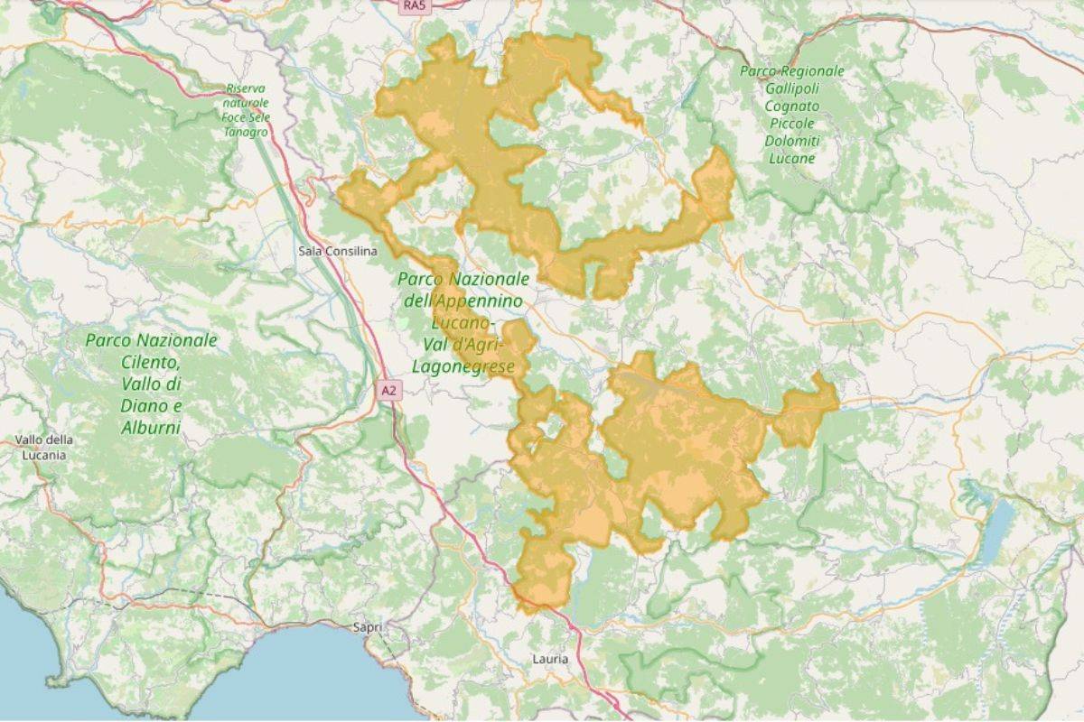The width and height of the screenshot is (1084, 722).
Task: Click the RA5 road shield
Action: [413, 5]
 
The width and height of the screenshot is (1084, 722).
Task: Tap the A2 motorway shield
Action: [388, 391]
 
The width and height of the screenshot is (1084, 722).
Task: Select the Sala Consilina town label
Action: [337, 250]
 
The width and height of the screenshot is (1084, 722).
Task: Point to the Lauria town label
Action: [550, 660]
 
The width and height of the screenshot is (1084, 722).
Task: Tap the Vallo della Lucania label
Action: [43, 447]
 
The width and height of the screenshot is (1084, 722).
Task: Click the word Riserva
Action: [247, 89]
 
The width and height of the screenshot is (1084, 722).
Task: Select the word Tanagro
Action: [246, 132]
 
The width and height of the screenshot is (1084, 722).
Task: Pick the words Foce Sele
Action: [247, 117]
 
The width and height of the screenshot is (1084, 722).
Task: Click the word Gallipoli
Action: [791, 88]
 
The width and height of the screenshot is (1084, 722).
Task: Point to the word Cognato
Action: [791, 105]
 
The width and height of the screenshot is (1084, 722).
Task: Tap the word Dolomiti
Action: [791, 141]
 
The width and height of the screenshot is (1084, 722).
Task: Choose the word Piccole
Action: [791, 123]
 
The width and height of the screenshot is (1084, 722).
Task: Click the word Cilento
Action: [151, 362]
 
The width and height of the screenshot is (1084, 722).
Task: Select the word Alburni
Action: [151, 426]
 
